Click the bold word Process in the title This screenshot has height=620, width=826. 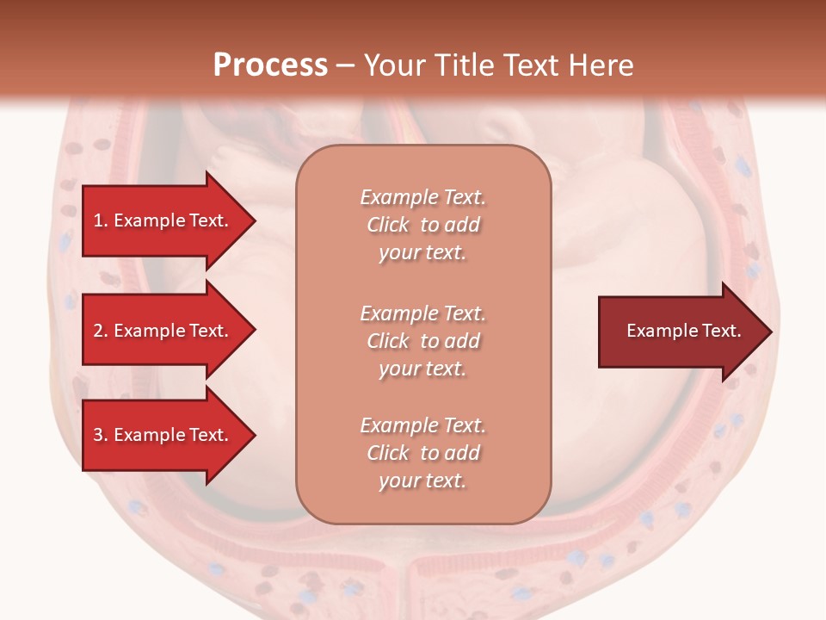270,65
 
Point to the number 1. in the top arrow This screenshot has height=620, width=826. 101,220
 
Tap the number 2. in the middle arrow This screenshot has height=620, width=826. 101,331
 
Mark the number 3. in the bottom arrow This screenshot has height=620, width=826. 101,435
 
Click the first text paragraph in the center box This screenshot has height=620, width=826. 422,225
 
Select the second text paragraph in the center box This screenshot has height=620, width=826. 422,340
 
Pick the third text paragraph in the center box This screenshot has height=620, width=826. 422,453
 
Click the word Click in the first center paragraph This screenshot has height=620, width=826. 388,225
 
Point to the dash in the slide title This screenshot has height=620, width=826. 345,65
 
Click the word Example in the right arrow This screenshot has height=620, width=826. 657,331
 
